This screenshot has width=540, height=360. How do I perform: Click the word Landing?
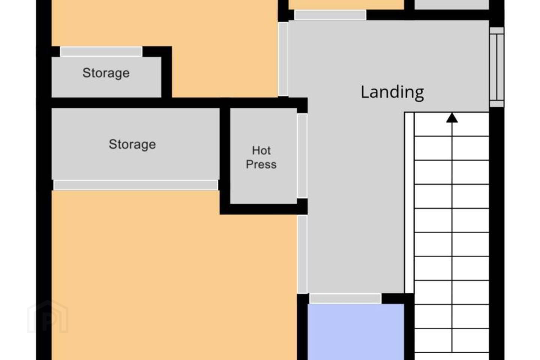click(x=392, y=92)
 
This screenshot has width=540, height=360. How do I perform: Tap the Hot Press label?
click(x=261, y=157)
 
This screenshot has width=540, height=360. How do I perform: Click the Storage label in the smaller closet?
click(x=106, y=73)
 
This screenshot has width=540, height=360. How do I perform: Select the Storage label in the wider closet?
click(x=132, y=144)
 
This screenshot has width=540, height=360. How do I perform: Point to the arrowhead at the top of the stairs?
click(x=452, y=118)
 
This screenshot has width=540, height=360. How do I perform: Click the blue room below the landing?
click(x=356, y=332)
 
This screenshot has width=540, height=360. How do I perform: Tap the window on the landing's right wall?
click(x=497, y=67)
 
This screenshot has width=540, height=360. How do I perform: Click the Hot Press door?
click(x=302, y=156)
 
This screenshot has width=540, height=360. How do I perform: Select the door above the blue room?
click(x=345, y=299)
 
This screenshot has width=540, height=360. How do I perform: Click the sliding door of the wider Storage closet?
click(x=136, y=185)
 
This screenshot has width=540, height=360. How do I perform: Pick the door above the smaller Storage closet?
click(x=101, y=52)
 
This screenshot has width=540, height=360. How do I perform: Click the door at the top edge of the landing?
click(x=330, y=15)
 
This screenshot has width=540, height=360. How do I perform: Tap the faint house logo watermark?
click(x=48, y=316)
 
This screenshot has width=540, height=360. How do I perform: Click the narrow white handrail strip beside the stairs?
click(x=409, y=203)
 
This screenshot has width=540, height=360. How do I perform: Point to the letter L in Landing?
click(x=365, y=92)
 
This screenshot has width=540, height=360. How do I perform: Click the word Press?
click(x=261, y=165)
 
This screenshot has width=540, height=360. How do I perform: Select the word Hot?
click(x=261, y=150)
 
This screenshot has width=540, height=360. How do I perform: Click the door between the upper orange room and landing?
click(x=283, y=59)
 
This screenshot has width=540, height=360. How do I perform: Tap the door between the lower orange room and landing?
click(x=303, y=254)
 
